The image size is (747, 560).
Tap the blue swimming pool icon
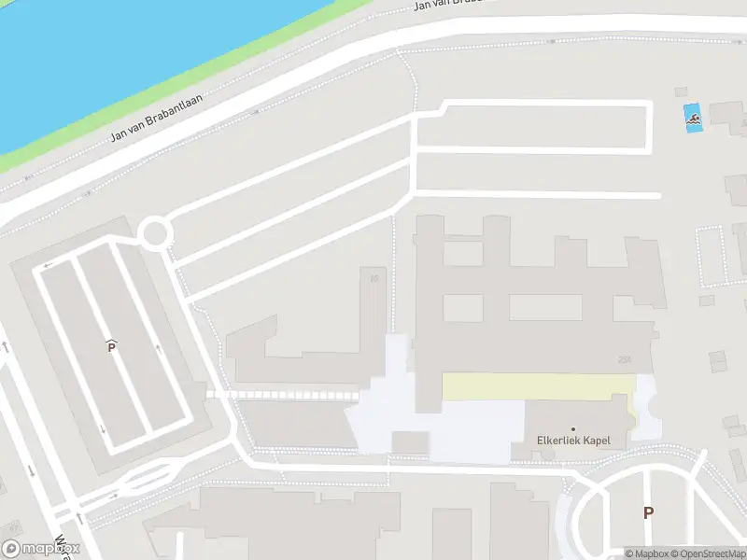692,119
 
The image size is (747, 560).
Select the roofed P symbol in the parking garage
111,346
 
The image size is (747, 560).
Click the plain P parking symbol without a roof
648,512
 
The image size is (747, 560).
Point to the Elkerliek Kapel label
573,441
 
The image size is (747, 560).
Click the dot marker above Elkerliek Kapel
573,428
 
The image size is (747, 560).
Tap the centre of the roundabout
154,232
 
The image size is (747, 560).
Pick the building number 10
374,277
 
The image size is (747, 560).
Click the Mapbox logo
40,549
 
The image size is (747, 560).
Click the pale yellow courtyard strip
537,386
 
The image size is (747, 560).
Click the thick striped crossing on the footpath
280,395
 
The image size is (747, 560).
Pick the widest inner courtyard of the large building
545,308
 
